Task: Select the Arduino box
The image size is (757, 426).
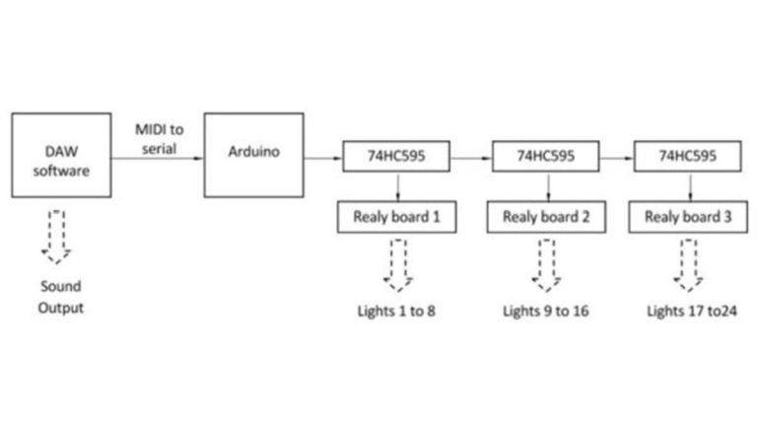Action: [252, 155]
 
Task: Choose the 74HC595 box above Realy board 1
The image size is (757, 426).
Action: [397, 156]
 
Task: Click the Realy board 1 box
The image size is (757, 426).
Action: [397, 217]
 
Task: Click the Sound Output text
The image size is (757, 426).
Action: [60, 298]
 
